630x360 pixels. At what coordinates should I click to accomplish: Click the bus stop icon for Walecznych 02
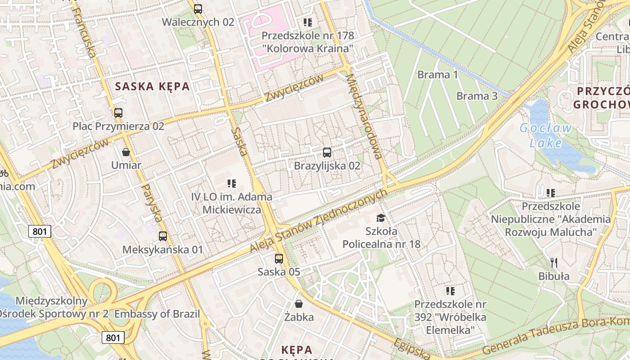(198, 9)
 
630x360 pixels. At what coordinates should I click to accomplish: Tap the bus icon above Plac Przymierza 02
(118, 113)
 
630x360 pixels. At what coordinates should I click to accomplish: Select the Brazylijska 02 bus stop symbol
(327, 153)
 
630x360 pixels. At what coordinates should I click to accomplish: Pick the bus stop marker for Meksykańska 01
(163, 236)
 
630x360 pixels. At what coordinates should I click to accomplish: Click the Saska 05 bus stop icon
(279, 259)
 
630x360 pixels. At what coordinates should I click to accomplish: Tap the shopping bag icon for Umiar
(126, 152)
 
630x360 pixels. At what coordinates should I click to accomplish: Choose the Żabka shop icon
(299, 304)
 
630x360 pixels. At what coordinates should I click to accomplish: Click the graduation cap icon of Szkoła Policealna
(381, 218)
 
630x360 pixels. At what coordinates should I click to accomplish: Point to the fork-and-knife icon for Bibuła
(554, 263)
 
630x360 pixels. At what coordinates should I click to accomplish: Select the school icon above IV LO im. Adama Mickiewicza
(232, 184)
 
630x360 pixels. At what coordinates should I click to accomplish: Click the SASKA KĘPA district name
(153, 86)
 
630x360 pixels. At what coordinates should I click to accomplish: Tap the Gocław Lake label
(545, 135)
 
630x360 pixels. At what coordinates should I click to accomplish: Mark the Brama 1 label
(437, 75)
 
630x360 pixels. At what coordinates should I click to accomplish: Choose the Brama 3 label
(477, 96)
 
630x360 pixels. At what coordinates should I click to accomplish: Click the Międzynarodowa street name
(364, 116)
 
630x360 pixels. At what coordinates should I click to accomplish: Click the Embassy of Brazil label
(157, 314)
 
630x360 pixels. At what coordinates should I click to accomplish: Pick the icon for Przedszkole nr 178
(308, 22)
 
